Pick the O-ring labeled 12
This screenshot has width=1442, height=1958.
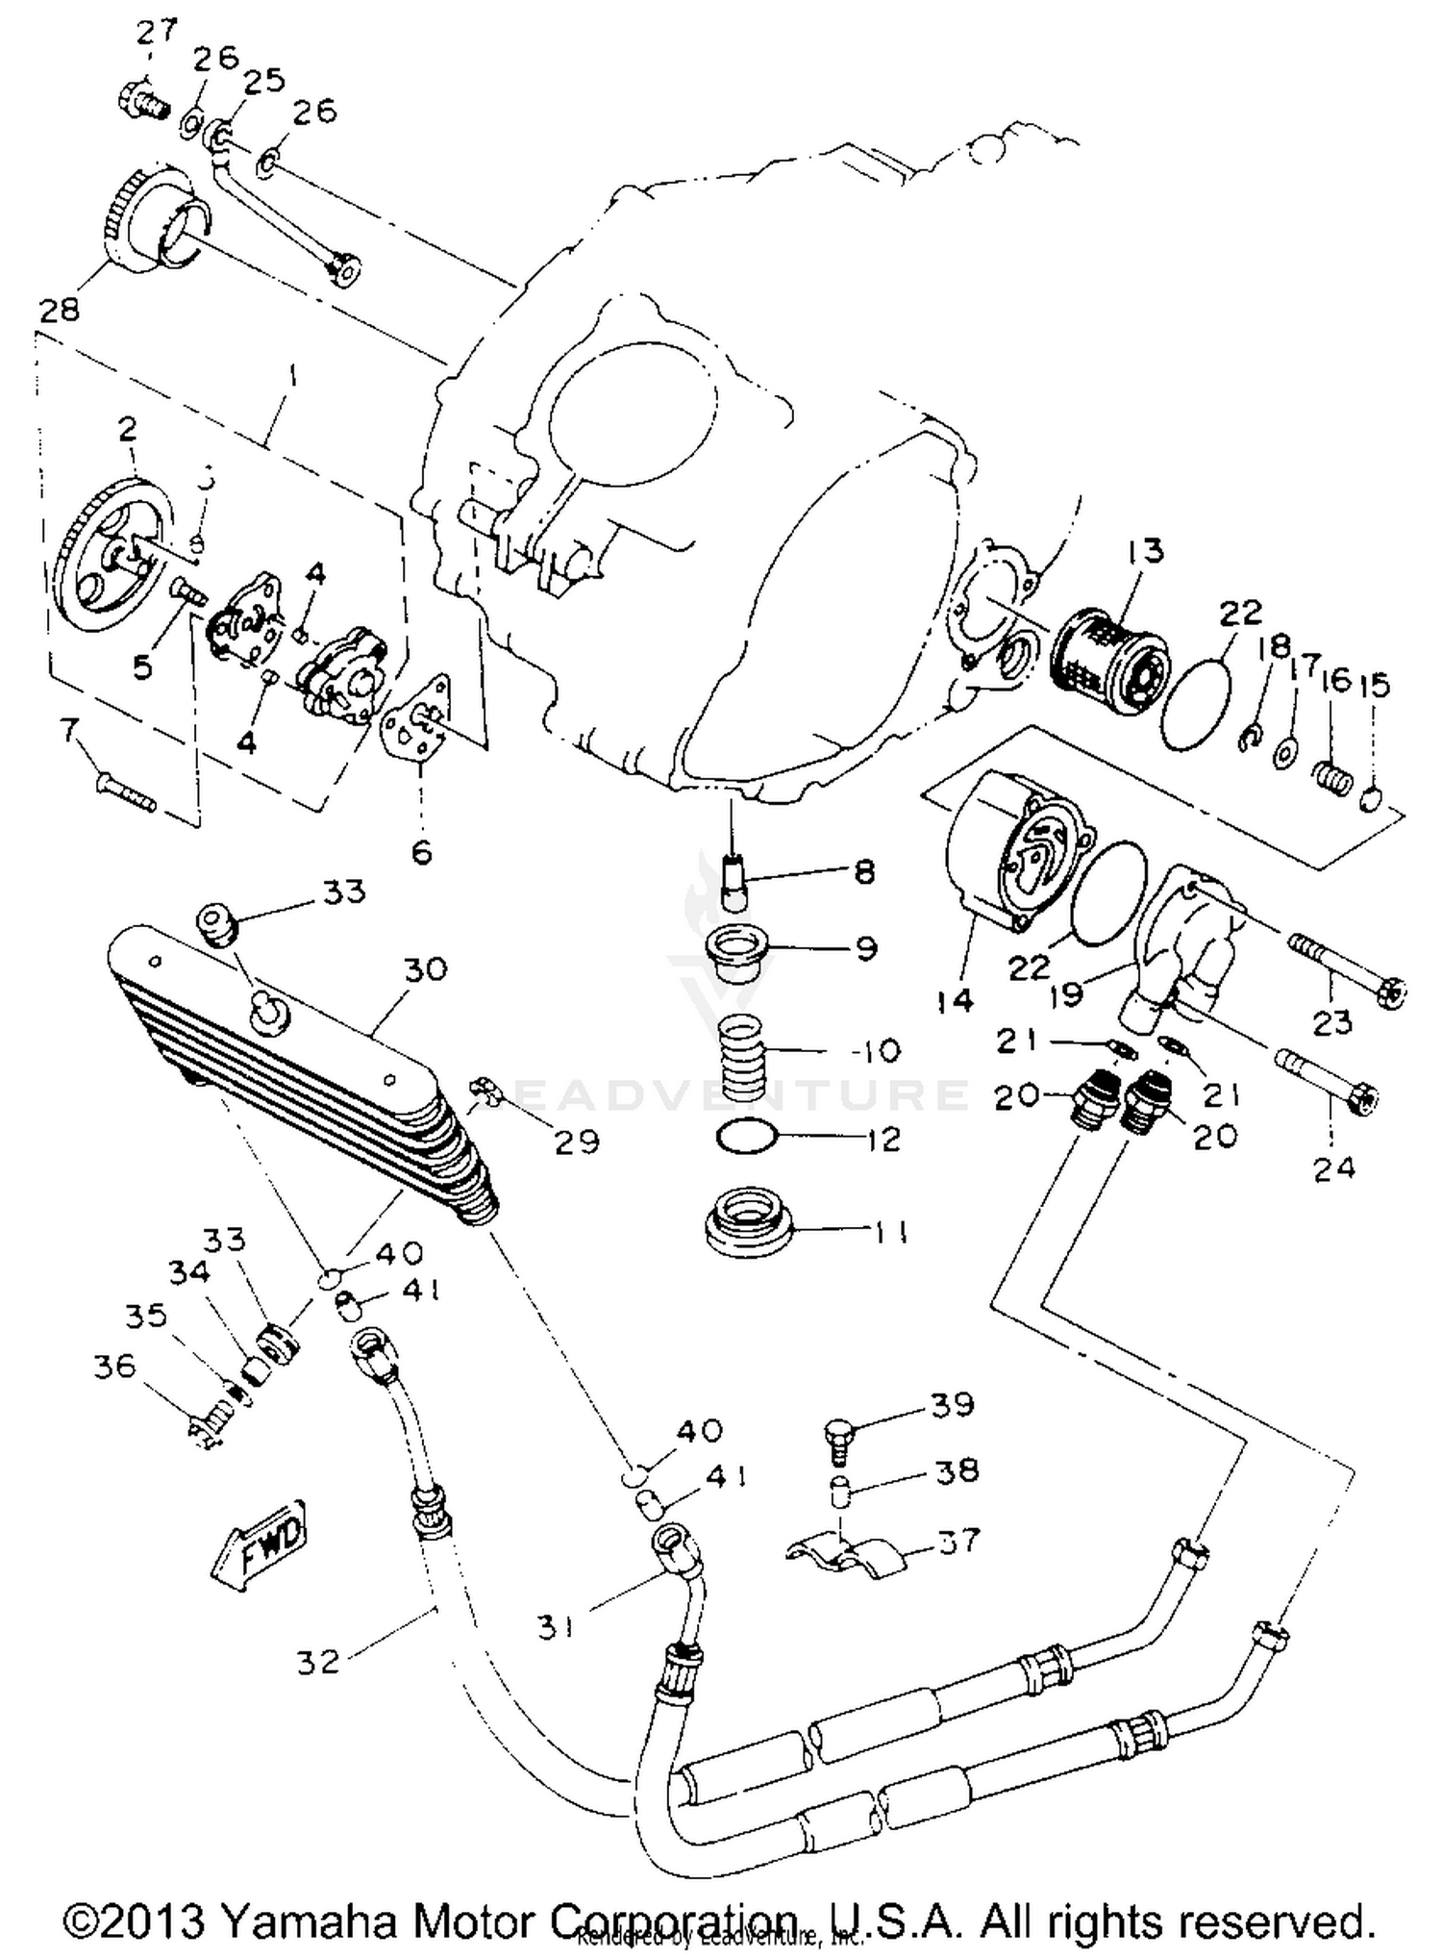746,1138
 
